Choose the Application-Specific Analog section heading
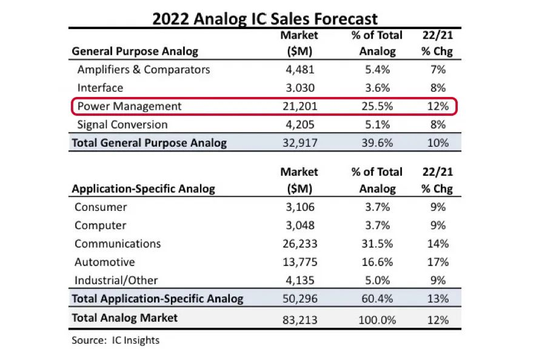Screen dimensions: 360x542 (x=143, y=188)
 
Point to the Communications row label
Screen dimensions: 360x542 (x=118, y=244)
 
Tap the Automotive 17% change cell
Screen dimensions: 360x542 (x=437, y=262)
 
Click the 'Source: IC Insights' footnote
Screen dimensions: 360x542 (x=115, y=340)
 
